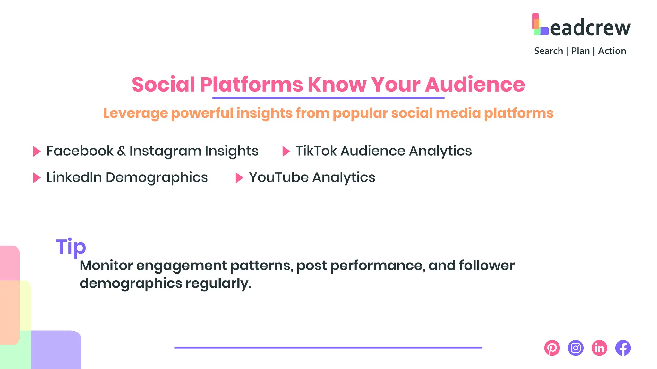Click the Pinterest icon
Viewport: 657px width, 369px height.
(x=552, y=348)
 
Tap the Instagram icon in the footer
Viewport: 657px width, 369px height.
(x=576, y=348)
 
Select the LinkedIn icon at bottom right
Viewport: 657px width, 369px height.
(x=599, y=348)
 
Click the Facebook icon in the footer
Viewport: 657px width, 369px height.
(x=623, y=348)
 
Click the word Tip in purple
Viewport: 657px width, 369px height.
(x=71, y=247)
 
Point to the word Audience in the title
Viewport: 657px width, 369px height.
(x=475, y=85)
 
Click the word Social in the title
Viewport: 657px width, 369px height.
(x=163, y=85)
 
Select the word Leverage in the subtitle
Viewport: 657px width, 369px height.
(x=135, y=113)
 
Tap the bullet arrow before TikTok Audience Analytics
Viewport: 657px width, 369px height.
(x=286, y=151)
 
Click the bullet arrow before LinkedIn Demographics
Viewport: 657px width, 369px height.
(x=37, y=178)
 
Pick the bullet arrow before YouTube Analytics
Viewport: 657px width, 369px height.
(x=239, y=178)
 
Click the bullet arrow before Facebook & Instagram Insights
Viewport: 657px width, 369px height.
(x=37, y=151)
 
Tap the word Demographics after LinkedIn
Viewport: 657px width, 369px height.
(x=156, y=178)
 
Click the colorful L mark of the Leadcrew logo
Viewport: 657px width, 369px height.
(x=540, y=24)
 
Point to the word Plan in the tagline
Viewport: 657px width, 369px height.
(x=580, y=51)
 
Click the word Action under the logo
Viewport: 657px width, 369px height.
(x=612, y=51)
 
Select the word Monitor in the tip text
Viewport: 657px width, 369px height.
(x=106, y=266)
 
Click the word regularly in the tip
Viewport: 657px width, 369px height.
(x=218, y=283)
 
